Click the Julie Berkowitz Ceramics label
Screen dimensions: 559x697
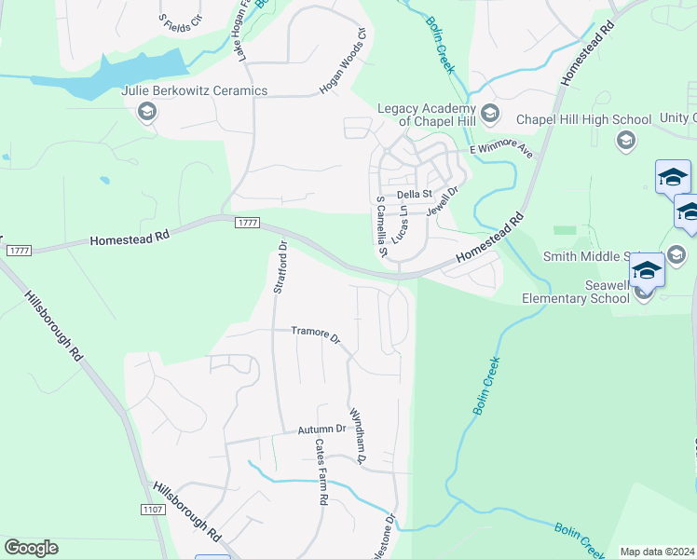point(195,91)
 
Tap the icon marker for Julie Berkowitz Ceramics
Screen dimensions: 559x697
point(146,113)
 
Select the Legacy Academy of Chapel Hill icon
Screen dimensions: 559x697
point(492,115)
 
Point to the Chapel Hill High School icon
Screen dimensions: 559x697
point(625,140)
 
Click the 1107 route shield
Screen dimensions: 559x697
point(154,510)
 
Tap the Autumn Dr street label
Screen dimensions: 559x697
point(321,429)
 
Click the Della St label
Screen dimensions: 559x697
point(415,194)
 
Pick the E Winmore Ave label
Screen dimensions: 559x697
point(500,150)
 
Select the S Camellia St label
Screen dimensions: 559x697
point(380,227)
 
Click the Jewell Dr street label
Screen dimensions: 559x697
point(443,202)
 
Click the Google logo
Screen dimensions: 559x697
point(31,548)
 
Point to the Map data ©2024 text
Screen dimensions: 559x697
point(657,552)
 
